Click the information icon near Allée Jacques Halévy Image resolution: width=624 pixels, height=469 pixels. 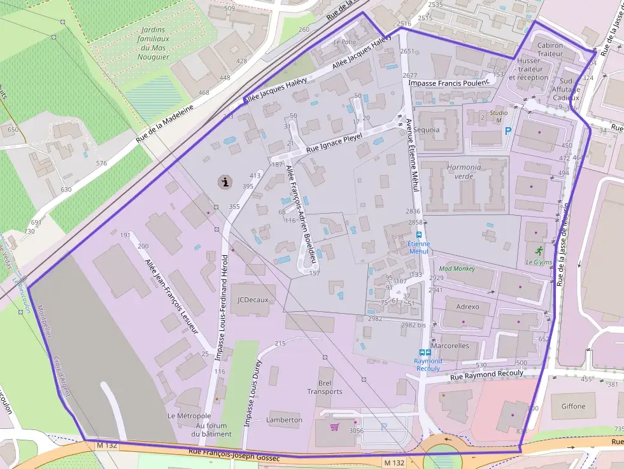point(225,182)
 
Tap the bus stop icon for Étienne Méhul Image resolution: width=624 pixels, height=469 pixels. point(418,234)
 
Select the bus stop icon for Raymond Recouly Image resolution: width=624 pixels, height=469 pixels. point(425,353)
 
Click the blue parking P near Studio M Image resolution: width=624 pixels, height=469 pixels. point(507,131)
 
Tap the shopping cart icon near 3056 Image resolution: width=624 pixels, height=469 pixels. point(334,426)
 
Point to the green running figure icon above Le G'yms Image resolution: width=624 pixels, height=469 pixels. point(539,250)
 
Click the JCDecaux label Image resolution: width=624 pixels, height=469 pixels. point(253,300)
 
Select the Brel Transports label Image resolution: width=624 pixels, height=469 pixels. point(325,388)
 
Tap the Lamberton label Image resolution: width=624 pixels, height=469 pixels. point(285,420)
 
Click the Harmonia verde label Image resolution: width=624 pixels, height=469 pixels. point(464,172)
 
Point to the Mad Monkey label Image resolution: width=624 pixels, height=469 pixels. point(457,269)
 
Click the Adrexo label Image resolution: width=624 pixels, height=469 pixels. point(467,307)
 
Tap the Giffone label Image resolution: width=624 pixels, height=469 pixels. point(573,406)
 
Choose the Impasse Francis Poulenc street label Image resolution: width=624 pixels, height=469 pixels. point(449,83)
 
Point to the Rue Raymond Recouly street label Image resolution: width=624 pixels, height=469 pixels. point(478,375)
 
